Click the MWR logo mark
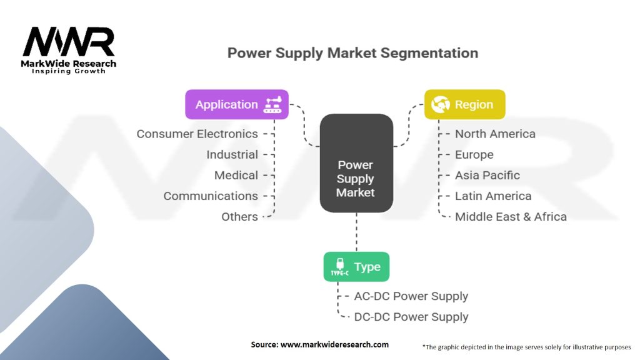(x=69, y=42)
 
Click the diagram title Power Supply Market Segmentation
(x=352, y=52)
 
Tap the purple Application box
(x=237, y=104)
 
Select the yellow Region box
(x=464, y=104)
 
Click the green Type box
(x=356, y=267)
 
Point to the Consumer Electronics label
(x=197, y=134)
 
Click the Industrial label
(x=232, y=154)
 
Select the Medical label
(x=236, y=175)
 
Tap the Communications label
(x=211, y=196)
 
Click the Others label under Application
(x=239, y=216)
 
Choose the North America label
(x=495, y=134)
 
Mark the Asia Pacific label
(x=487, y=175)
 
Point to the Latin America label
(x=492, y=196)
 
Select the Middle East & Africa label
(x=511, y=217)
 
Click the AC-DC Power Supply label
(x=411, y=296)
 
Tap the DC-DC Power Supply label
(x=411, y=317)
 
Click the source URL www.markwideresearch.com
(x=336, y=344)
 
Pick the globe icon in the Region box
(x=440, y=104)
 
